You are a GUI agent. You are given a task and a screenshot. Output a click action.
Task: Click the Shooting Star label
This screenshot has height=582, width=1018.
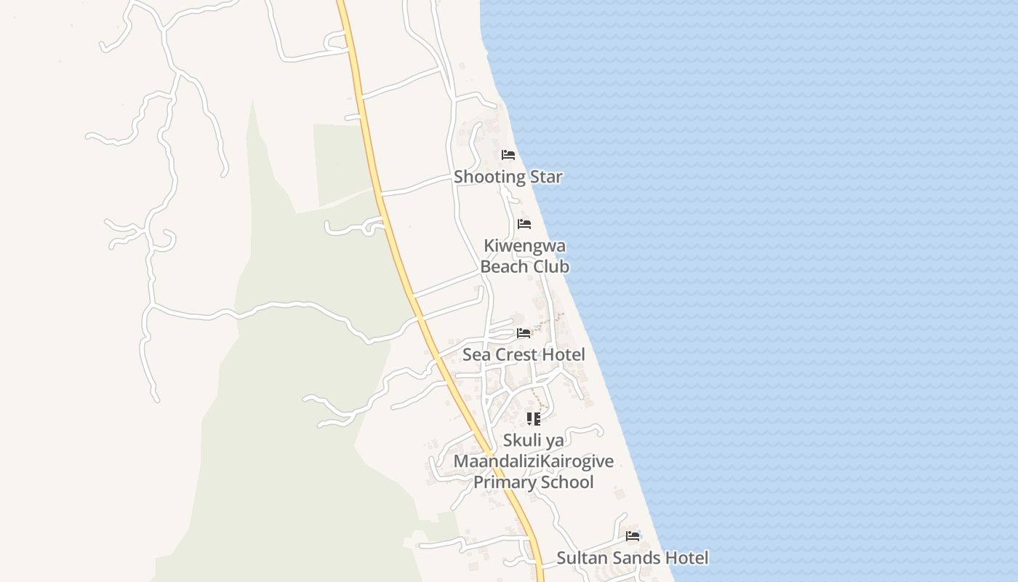[508, 177]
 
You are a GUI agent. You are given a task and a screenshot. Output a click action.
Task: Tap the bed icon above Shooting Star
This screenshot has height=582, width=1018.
[508, 155]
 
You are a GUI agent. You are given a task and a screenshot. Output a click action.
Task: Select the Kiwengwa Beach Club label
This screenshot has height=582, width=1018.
[525, 256]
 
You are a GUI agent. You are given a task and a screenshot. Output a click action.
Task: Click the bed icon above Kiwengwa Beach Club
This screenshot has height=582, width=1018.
[524, 224]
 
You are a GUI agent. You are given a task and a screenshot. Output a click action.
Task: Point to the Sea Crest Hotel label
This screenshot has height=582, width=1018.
[524, 355]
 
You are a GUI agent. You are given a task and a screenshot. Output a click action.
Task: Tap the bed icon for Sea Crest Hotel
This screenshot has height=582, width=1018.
[524, 333]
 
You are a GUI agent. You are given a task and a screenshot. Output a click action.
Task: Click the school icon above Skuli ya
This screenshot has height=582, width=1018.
[534, 419]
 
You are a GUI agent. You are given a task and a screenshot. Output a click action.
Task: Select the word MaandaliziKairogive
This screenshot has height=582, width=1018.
[534, 461]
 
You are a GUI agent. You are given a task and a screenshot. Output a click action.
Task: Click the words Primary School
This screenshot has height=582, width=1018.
[534, 482]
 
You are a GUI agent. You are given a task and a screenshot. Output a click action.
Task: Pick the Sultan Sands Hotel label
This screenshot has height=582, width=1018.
[632, 558]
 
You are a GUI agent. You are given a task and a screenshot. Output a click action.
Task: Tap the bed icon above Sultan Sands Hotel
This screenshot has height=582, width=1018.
[633, 536]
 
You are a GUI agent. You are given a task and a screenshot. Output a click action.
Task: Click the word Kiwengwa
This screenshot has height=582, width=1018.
[525, 246]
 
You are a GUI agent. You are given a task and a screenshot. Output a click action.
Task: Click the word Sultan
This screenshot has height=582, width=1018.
[579, 558]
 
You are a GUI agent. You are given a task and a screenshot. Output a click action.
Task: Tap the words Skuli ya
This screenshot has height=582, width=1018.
[534, 440]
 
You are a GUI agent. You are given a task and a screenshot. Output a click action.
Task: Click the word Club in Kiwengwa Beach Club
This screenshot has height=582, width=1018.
[551, 266]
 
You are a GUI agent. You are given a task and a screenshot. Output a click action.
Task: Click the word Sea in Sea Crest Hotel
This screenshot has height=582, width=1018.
[476, 355]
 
